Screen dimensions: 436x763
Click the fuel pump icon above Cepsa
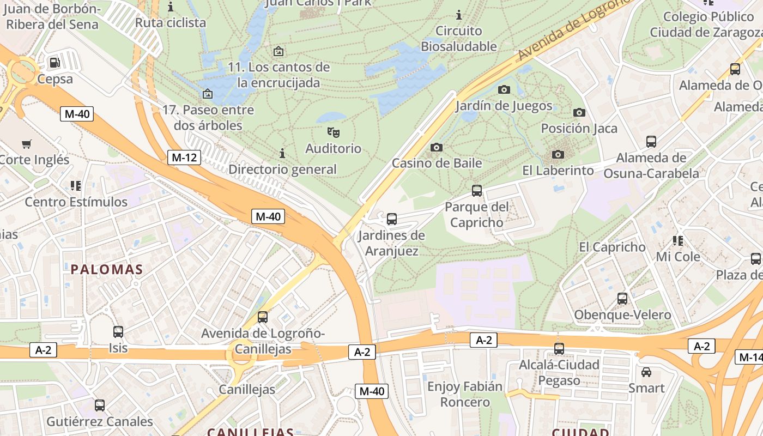point(55,63)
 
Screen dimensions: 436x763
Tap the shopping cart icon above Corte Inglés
point(26,144)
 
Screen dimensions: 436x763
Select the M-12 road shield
point(184,158)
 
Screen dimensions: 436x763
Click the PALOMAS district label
point(107,269)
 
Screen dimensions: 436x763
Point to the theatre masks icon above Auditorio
point(333,132)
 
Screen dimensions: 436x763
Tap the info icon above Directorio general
point(282,153)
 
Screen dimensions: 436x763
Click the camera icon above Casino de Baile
point(437,147)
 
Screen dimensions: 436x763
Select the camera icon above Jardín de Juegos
point(504,89)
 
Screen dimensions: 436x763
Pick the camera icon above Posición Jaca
point(579,112)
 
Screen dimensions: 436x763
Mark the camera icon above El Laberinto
point(558,154)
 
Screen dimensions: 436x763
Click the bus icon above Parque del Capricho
point(477,191)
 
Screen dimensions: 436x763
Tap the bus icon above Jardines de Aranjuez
point(391,219)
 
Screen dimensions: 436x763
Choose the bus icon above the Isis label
point(118,331)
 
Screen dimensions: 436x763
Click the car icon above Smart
point(646,372)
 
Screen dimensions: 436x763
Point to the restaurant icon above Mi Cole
point(678,240)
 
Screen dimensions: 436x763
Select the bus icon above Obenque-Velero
point(622,299)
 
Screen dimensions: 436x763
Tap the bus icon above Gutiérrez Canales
point(100,405)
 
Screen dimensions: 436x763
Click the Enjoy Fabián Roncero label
point(465,395)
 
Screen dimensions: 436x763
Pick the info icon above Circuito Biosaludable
point(459,15)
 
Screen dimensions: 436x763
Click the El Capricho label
point(612,247)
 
